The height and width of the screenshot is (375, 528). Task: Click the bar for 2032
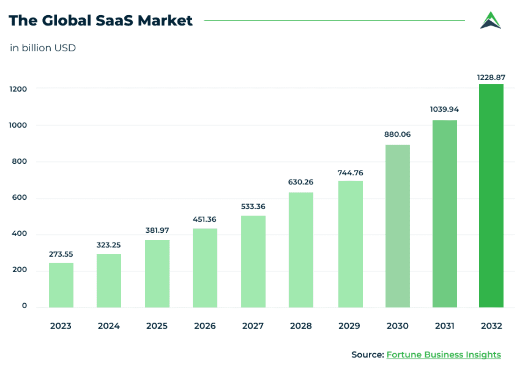point(491,196)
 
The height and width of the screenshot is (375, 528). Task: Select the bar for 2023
point(61,285)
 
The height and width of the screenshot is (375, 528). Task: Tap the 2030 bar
point(397,226)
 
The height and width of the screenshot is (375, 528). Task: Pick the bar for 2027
point(253,261)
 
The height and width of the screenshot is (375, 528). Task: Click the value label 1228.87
point(491,77)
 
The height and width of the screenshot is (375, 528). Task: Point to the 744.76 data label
point(350,173)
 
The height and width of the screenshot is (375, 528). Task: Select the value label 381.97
point(157,230)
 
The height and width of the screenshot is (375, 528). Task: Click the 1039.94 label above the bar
point(444,109)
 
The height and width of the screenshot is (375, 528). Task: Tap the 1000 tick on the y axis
point(18,125)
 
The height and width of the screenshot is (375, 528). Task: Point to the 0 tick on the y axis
point(24,306)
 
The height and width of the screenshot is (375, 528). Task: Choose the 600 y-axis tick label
point(19,197)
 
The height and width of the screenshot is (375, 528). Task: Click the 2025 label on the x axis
point(157,326)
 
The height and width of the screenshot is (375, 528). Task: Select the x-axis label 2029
point(349,326)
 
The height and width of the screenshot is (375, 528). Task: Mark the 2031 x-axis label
point(445,326)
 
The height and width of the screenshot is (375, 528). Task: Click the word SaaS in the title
point(114,21)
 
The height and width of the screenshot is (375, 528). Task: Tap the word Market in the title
point(165,21)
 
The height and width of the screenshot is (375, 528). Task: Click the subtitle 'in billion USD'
point(43,48)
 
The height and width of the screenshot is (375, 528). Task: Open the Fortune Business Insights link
point(444,355)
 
